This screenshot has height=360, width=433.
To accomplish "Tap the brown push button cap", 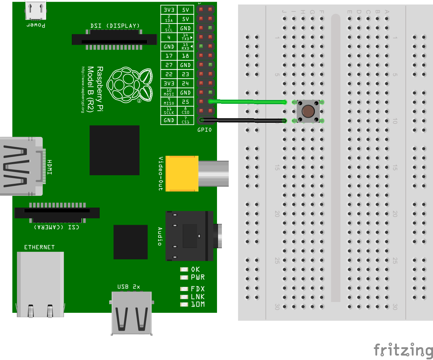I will point(308,111).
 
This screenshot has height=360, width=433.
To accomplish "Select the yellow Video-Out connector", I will point(182,173).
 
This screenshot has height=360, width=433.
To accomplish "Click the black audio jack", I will point(189,236).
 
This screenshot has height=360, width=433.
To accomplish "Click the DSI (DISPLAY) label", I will point(115,26).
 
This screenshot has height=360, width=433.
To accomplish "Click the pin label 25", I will point(185,102).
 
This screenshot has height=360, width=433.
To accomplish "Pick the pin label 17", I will point(169,56).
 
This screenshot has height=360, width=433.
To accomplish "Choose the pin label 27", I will point(169,65).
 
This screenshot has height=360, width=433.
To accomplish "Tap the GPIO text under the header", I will point(205,130).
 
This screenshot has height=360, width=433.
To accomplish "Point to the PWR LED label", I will point(198,277).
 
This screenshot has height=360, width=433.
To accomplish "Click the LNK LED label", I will point(198,297).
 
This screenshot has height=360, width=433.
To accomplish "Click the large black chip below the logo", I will point(114,150).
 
